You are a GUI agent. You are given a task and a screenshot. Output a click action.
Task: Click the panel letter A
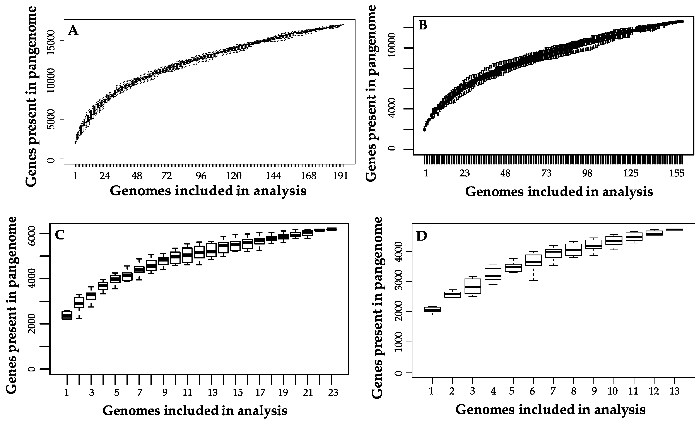pos(73,30)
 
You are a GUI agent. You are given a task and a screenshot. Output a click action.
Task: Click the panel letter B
pos(423,26)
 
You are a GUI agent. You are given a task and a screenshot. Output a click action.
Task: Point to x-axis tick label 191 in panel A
pos(340,176)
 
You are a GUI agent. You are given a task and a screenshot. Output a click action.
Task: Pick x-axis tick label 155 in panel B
pos(677,173)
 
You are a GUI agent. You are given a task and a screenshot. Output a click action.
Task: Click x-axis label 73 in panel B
pos(546,173)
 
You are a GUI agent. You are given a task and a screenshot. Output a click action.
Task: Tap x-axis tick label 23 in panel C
pos(333,393)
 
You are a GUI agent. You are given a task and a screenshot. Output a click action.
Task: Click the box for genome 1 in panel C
pos(67,315)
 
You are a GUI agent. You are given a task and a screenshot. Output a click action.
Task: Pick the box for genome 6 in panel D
pos(533,260)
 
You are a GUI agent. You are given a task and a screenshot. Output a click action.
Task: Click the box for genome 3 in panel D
pos(473,286)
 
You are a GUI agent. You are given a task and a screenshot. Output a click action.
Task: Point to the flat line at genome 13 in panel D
pos(674,229)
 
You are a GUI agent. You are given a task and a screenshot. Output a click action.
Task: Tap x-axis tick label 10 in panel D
pos(613,391)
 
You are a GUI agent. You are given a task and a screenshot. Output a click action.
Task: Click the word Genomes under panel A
pos(140,191)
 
